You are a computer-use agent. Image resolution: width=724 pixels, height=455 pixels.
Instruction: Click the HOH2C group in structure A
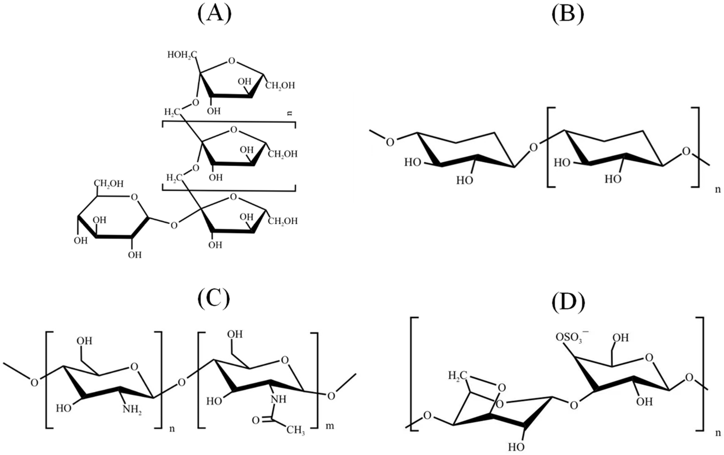click(x=182, y=55)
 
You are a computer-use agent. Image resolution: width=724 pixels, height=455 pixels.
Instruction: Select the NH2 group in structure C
click(x=132, y=410)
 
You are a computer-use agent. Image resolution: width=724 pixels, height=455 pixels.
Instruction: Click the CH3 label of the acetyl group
click(x=295, y=430)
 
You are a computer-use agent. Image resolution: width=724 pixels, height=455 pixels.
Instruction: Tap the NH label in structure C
click(x=278, y=399)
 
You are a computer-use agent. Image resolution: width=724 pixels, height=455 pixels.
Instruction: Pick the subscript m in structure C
click(x=330, y=426)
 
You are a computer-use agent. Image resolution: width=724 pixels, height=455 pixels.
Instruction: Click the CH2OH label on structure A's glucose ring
click(x=109, y=184)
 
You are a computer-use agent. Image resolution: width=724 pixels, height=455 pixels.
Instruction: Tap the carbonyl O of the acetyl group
click(x=256, y=420)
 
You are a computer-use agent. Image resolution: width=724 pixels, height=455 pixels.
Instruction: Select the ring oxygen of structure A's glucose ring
click(x=135, y=197)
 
